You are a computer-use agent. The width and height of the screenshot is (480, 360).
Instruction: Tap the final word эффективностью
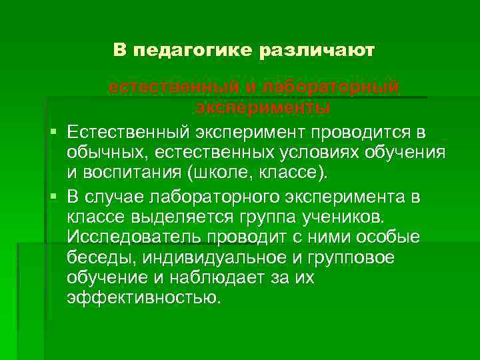coord(143,298)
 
